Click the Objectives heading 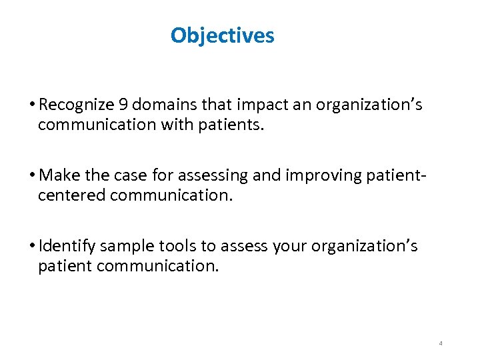click(222, 35)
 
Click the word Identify click(67, 247)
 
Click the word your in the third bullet click(288, 247)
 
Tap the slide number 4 click(441, 343)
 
